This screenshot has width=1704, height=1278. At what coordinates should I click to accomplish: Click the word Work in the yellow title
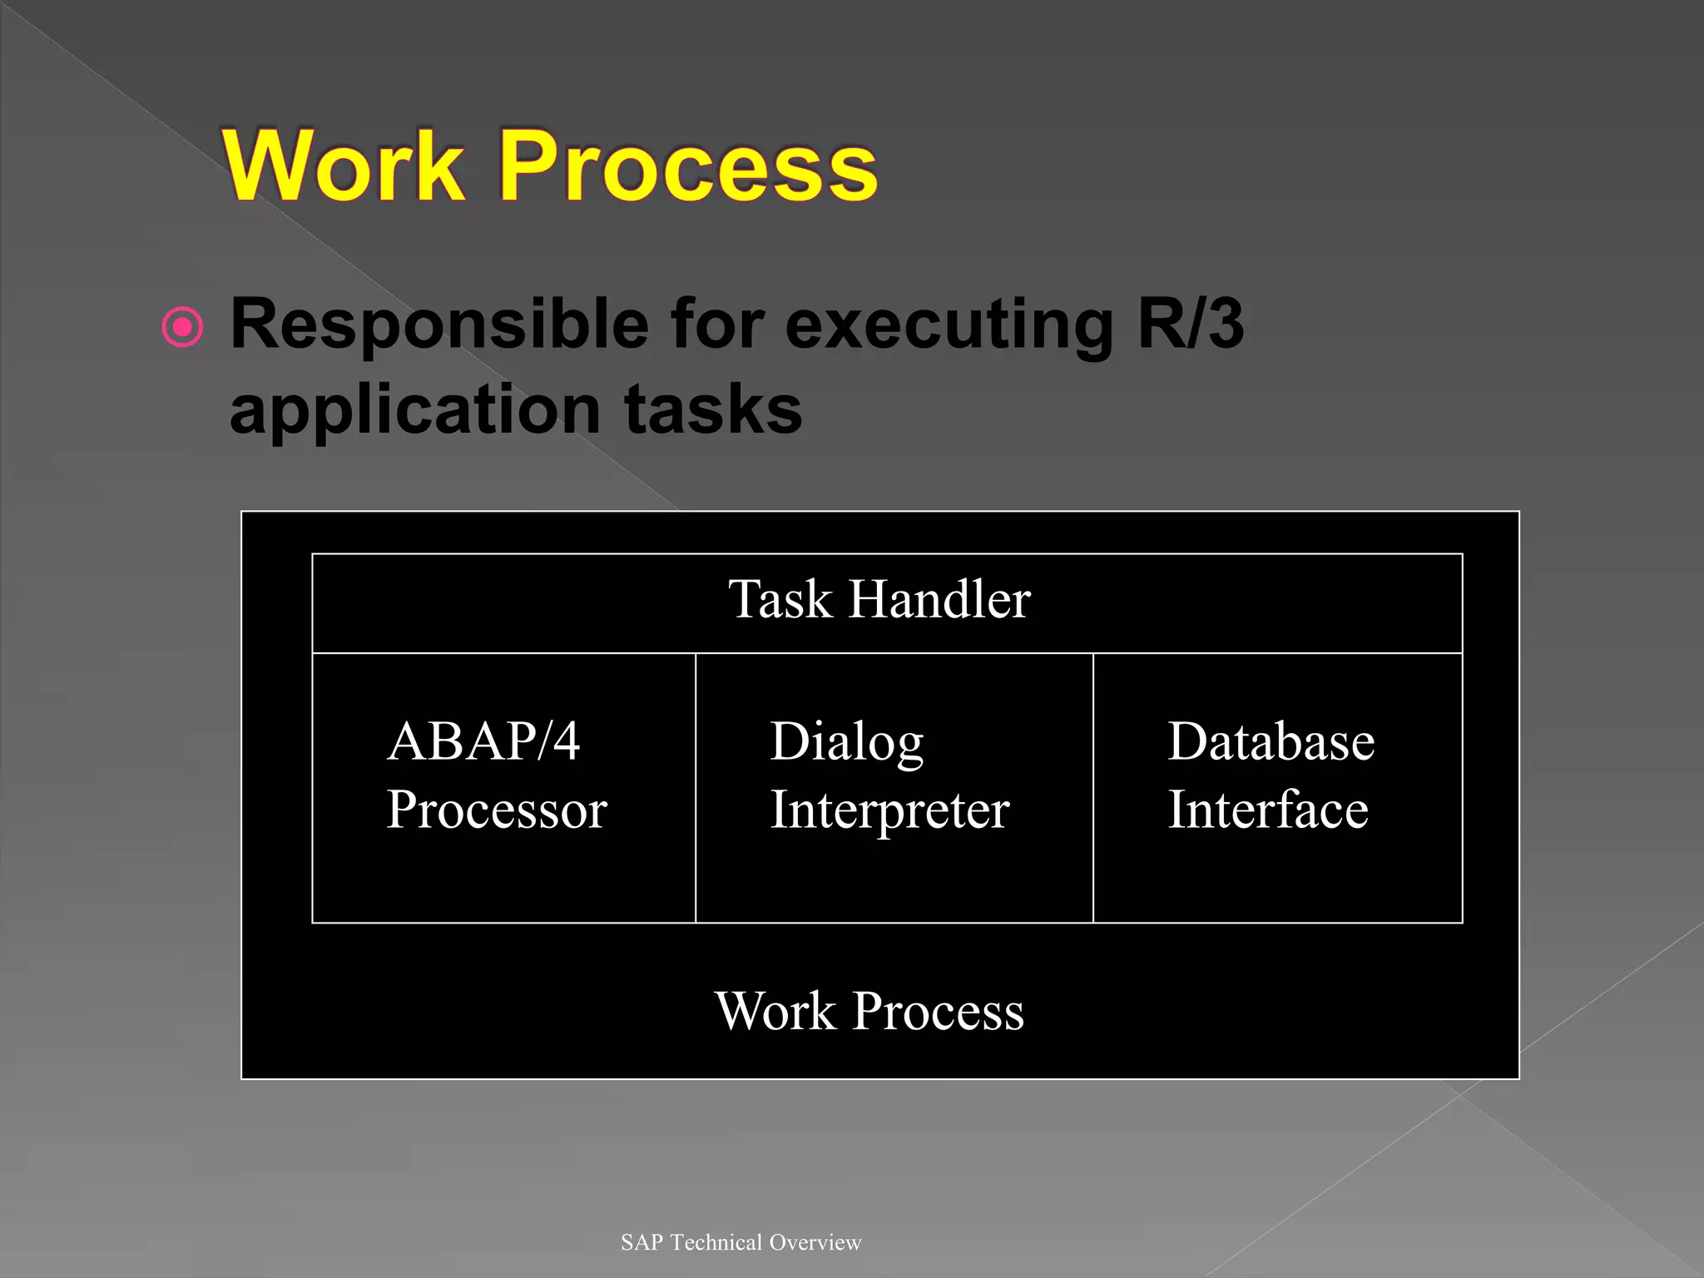[344, 166]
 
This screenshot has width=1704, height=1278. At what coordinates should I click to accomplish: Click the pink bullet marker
[182, 326]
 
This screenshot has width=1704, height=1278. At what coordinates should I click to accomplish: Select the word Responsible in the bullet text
[439, 325]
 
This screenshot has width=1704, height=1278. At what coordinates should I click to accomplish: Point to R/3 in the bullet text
[1191, 324]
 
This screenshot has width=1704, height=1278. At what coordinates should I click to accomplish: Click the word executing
[949, 325]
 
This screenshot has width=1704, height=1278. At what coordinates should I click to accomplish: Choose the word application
[414, 410]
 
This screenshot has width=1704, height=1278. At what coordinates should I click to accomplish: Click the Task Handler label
[879, 599]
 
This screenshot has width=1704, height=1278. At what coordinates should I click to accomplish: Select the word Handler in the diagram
[939, 599]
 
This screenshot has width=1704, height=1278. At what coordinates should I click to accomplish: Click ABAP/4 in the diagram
[483, 741]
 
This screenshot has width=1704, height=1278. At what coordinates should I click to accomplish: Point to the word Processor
[497, 810]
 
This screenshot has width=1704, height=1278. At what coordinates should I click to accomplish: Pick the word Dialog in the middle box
[847, 742]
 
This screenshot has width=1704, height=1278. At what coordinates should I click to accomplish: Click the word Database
[1271, 741]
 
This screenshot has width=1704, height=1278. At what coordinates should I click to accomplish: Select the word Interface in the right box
[1268, 810]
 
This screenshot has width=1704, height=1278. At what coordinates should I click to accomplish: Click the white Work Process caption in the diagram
[869, 1012]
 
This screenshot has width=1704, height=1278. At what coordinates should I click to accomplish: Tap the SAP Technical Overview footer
[741, 1242]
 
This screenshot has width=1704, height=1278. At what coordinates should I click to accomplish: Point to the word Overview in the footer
[815, 1242]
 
